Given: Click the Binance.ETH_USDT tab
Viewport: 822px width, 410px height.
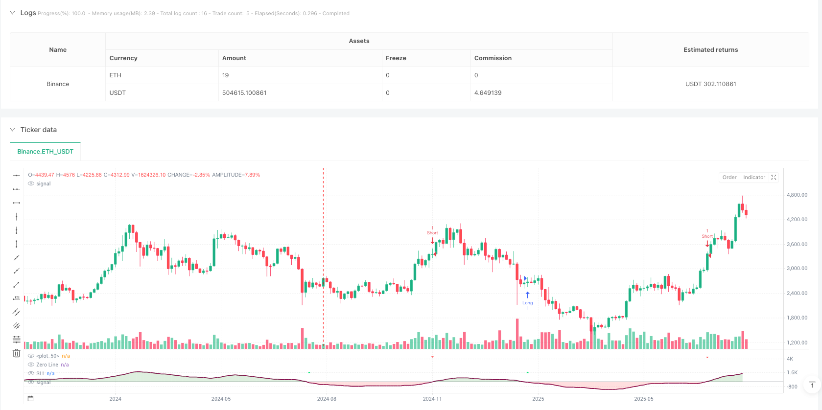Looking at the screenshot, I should [x=45, y=152].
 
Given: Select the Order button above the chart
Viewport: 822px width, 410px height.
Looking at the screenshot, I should [x=729, y=178].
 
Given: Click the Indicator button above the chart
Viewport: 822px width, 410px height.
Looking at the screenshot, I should [x=754, y=178].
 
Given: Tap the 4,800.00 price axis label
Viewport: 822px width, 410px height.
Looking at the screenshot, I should [x=797, y=195].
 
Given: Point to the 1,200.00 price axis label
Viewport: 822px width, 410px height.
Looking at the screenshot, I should [x=797, y=342].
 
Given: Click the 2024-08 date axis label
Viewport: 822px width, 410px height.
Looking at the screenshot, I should [x=327, y=399].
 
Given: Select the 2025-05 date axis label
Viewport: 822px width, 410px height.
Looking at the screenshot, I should [x=643, y=399].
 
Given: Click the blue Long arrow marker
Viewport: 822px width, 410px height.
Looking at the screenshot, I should [x=527, y=296].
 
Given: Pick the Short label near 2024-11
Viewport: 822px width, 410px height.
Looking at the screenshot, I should [x=432, y=233].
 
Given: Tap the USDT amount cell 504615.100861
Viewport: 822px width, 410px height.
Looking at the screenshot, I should [x=244, y=93].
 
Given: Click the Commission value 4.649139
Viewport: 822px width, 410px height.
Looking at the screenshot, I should [x=488, y=93].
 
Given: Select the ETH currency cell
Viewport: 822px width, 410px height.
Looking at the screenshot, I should [x=116, y=75].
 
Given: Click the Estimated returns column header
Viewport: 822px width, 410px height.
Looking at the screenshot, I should [x=710, y=50].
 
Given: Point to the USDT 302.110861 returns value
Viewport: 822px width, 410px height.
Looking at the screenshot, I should [x=710, y=84].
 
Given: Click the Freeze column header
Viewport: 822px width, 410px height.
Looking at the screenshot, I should [x=396, y=58].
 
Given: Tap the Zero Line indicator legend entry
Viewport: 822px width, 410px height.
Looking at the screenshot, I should [x=47, y=365].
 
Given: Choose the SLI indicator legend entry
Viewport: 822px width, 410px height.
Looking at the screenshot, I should [x=40, y=374].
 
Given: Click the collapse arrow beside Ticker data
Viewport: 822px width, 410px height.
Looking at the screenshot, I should [x=13, y=130].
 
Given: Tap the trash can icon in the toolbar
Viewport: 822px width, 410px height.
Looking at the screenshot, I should [x=16, y=353].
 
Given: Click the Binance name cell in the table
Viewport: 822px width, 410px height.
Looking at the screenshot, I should [x=58, y=84].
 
